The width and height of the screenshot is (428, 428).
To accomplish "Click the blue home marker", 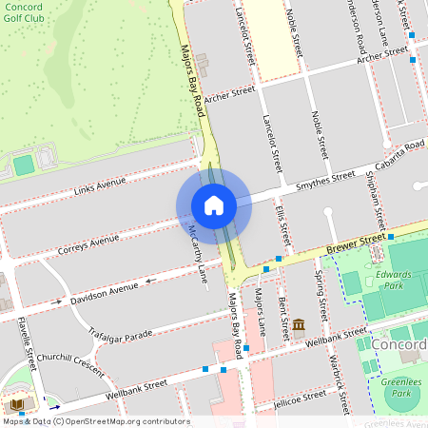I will click(214, 204).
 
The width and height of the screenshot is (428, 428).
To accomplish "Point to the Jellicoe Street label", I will click(299, 397).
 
